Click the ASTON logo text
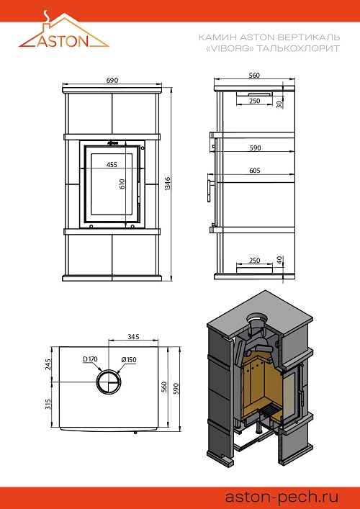tap(63, 41)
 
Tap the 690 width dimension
tap(112, 80)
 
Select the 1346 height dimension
tap(168, 184)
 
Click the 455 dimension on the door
tap(112, 164)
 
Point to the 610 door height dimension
tap(122, 184)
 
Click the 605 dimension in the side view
tap(255, 171)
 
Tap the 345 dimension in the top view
tap(133, 337)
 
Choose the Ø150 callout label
tap(129, 360)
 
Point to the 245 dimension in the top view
tap(48, 364)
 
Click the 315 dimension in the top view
tap(48, 404)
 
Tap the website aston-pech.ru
tap(282, 497)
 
